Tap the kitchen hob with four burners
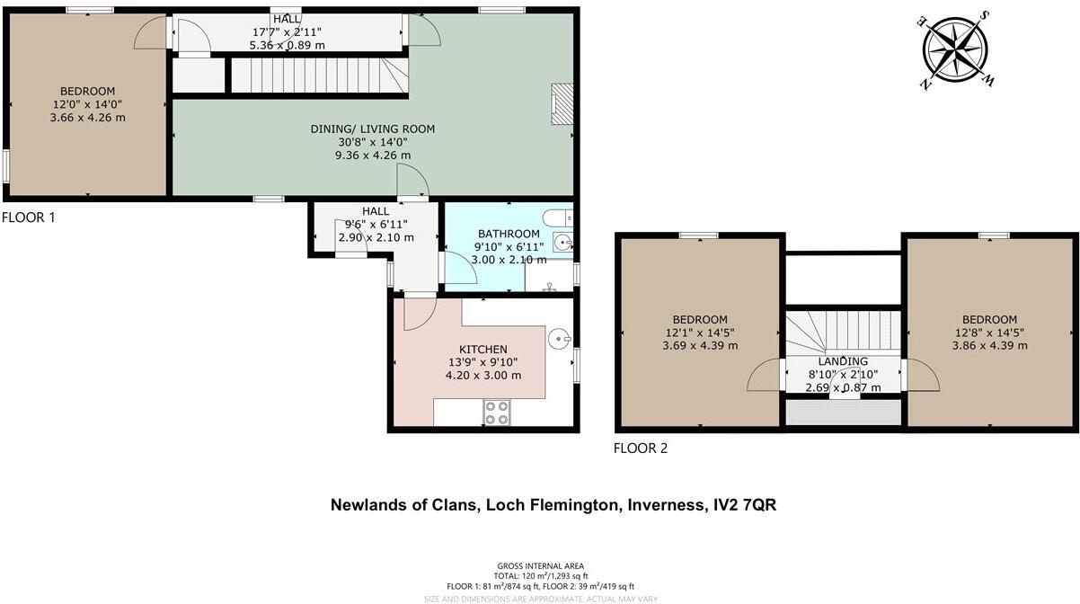coord(497,412)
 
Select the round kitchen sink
coord(559,340)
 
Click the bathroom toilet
coord(559,217)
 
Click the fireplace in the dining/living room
coord(562,103)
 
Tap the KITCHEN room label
coord(483,349)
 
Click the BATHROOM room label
coord(509,234)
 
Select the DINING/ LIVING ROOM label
coord(372,129)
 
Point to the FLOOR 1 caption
coord(29,218)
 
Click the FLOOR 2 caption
coord(640,448)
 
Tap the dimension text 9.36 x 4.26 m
coord(373,155)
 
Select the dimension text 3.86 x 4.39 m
coord(989,345)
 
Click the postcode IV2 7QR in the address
coord(742,505)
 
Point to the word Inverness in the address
coord(660,505)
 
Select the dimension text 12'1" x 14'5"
coord(700,333)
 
